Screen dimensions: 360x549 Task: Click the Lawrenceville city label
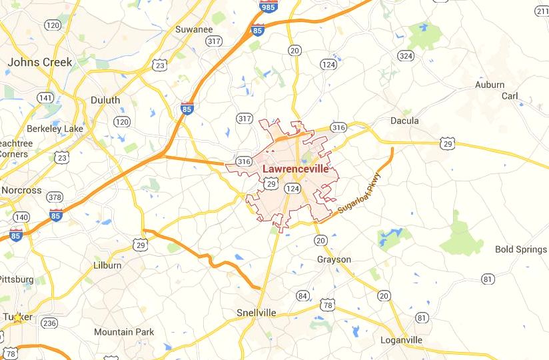point(295,169)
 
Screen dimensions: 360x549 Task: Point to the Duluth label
point(105,100)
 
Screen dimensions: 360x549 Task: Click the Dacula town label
point(404,121)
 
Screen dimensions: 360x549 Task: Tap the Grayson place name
point(334,259)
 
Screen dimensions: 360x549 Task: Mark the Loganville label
point(401,340)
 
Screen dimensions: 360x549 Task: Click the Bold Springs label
point(521,249)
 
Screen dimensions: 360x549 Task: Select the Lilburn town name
point(107,265)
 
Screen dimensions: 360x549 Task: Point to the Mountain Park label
point(124,332)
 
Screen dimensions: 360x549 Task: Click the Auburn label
point(490,85)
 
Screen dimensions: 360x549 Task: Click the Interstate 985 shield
point(268,6)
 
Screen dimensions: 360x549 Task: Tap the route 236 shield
point(49,323)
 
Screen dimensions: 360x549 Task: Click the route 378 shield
point(55,197)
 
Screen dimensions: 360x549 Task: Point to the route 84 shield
point(303,295)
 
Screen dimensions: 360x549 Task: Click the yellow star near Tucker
point(17,318)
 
